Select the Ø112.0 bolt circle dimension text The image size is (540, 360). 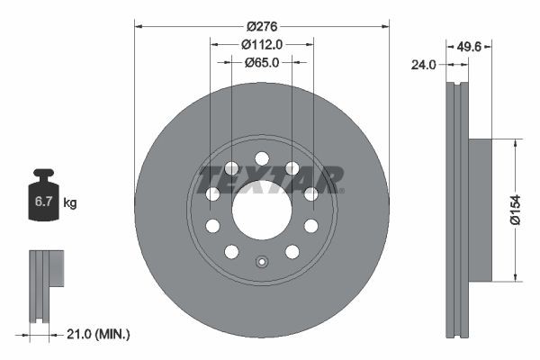click(262, 42)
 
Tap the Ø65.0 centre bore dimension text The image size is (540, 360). click(262, 62)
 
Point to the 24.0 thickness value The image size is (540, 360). click(424, 64)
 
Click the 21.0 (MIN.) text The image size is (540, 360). click(100, 334)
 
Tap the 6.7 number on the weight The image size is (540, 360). click(42, 202)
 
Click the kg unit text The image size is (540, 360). click(70, 203)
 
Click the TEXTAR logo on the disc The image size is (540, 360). click(271, 178)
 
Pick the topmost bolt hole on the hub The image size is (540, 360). click(262, 158)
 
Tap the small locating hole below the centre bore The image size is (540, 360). click(262, 263)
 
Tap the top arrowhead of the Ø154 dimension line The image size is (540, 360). click(514, 142)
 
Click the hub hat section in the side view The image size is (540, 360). click(480, 209)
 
